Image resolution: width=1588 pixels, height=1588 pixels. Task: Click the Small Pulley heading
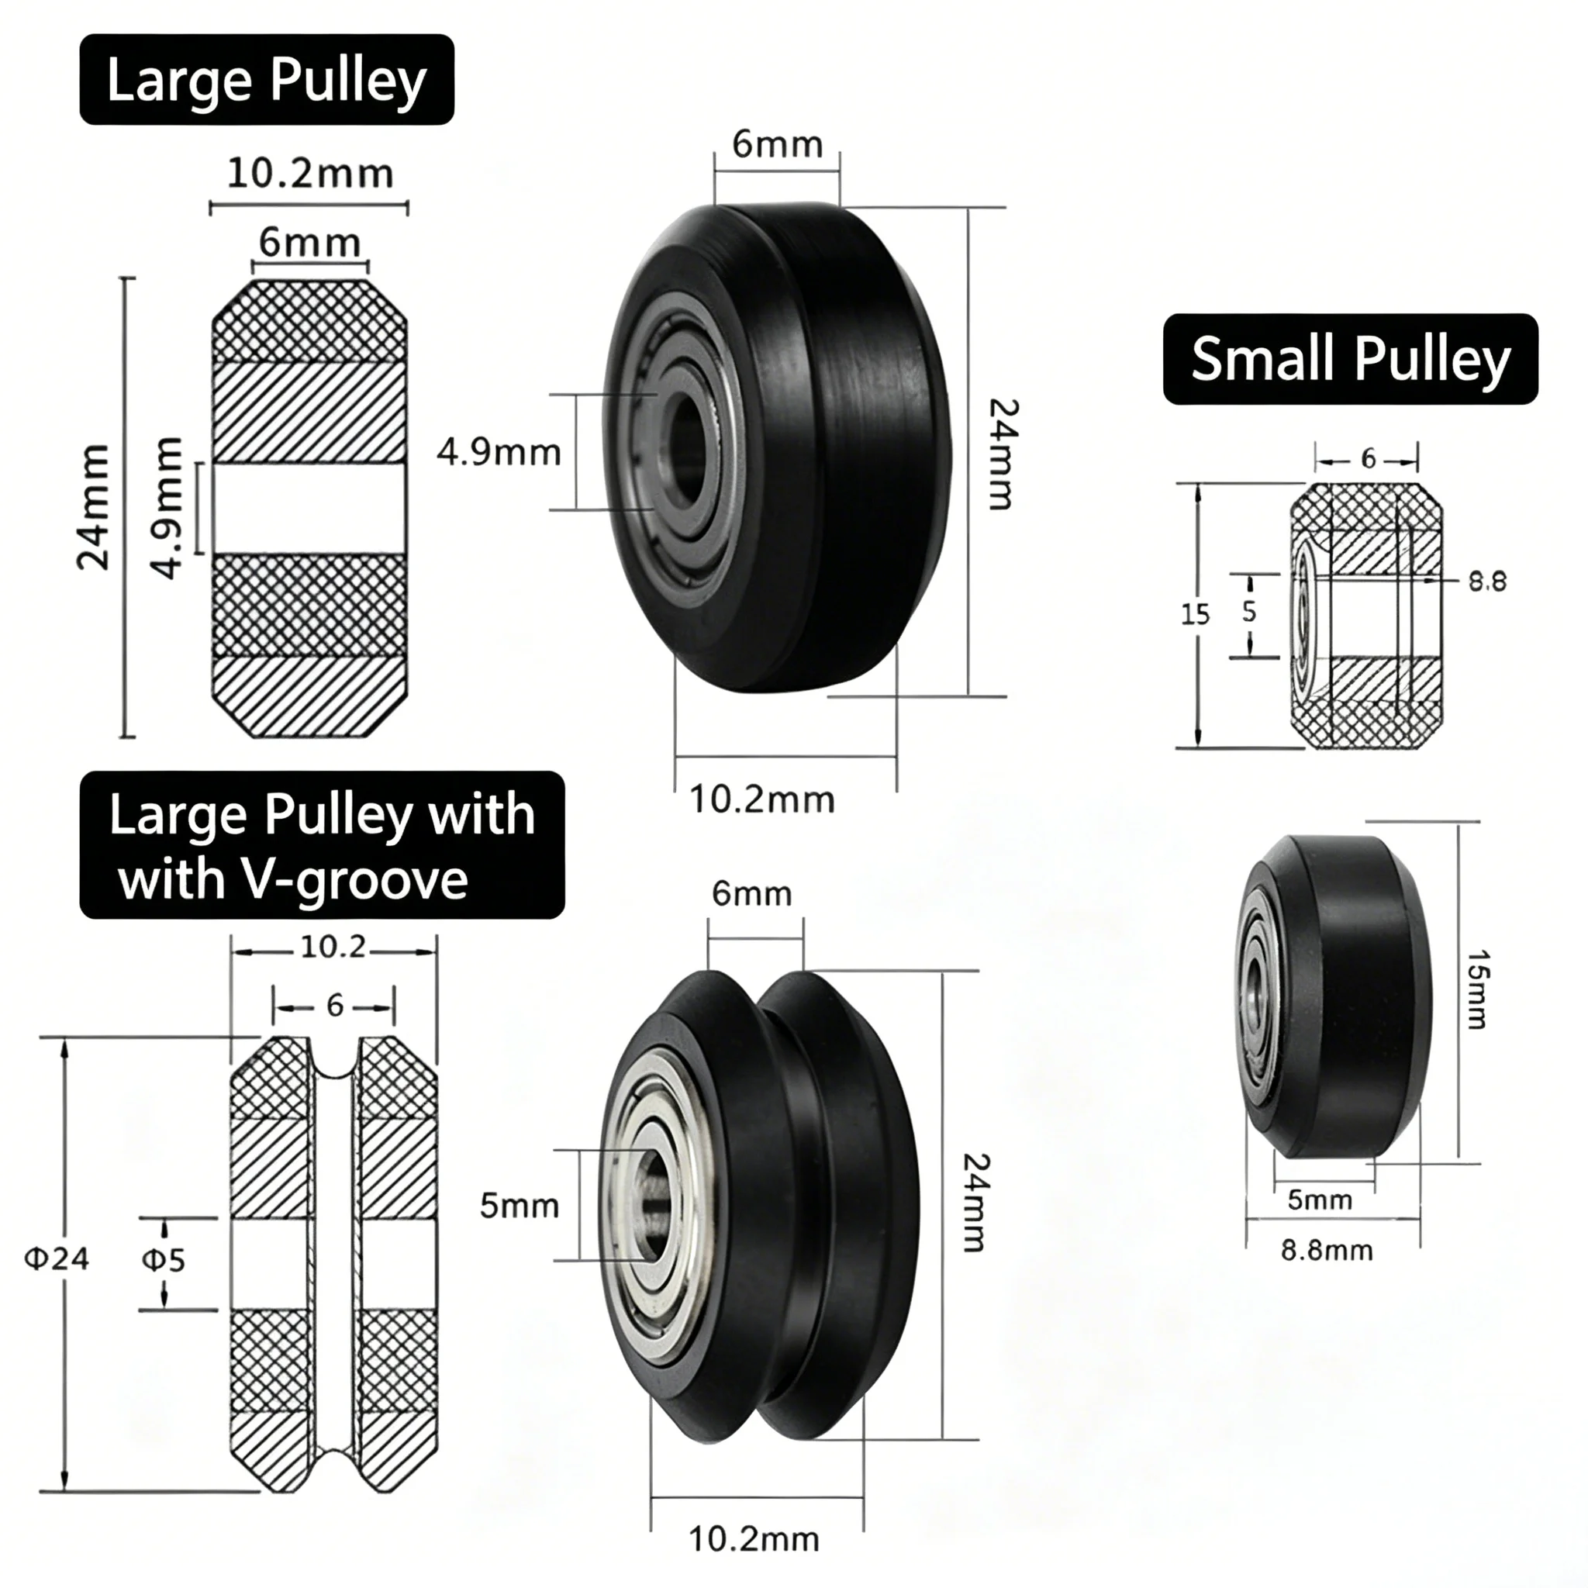(x=1351, y=359)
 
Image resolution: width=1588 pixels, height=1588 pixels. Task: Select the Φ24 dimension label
(x=57, y=1258)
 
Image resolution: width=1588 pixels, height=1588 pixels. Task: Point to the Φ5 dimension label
(x=164, y=1259)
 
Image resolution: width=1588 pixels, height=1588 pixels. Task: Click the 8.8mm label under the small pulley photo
(x=1327, y=1250)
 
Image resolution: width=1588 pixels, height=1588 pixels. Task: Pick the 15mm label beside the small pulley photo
(x=1477, y=989)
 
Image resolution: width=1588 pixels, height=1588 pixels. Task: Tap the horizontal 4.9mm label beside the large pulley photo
(x=499, y=453)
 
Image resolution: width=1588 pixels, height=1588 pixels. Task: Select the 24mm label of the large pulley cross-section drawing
(x=93, y=507)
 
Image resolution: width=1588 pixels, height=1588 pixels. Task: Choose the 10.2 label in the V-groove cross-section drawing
(x=333, y=947)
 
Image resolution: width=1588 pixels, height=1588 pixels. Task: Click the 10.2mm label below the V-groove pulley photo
(x=754, y=1538)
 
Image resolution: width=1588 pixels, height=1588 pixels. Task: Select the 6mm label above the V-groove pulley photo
(x=751, y=893)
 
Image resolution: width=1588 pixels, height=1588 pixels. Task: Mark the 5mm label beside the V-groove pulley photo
(x=520, y=1206)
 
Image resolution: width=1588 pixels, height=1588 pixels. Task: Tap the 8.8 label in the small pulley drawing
(x=1488, y=582)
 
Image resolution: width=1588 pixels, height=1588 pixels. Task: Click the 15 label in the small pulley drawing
(x=1195, y=614)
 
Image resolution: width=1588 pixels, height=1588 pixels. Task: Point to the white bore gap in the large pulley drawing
(x=310, y=509)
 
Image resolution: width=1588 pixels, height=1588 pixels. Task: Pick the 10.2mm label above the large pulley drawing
(x=310, y=174)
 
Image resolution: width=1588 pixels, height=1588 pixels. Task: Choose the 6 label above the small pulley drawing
(x=1368, y=459)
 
